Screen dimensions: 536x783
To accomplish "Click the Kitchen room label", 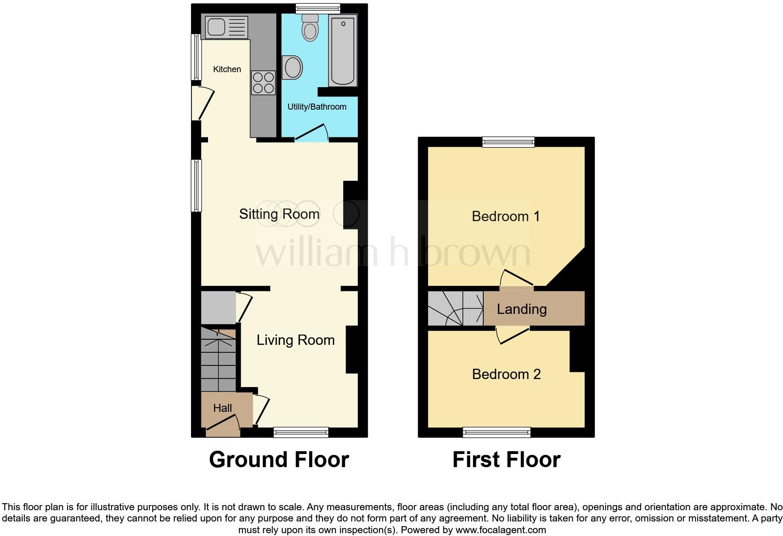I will (x=227, y=69).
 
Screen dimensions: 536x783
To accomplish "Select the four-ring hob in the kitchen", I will (x=263, y=82).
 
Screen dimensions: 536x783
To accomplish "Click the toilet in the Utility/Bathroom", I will (x=310, y=28).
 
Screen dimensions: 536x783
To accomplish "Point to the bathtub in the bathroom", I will (x=343, y=50).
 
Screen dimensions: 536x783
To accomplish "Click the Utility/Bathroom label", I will (x=317, y=107).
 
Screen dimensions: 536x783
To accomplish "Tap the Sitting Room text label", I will (x=279, y=214).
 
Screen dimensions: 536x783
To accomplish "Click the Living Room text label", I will (x=295, y=340).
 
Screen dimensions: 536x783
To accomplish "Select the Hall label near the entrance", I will (x=222, y=408).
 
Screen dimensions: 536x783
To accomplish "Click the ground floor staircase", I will (x=218, y=360).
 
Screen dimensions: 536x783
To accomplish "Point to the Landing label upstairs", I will (x=521, y=309).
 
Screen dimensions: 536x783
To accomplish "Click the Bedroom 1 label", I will (x=505, y=216).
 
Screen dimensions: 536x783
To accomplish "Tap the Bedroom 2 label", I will (x=506, y=374).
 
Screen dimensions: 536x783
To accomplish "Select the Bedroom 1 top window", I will (x=508, y=141).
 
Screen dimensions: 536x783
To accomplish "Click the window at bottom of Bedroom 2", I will (x=496, y=432).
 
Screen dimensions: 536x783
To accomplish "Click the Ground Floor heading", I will (x=279, y=460).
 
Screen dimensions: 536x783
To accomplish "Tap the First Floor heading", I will (x=506, y=460).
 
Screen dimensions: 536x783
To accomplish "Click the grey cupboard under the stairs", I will (x=218, y=307).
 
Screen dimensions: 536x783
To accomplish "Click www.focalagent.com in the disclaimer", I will (x=500, y=530).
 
